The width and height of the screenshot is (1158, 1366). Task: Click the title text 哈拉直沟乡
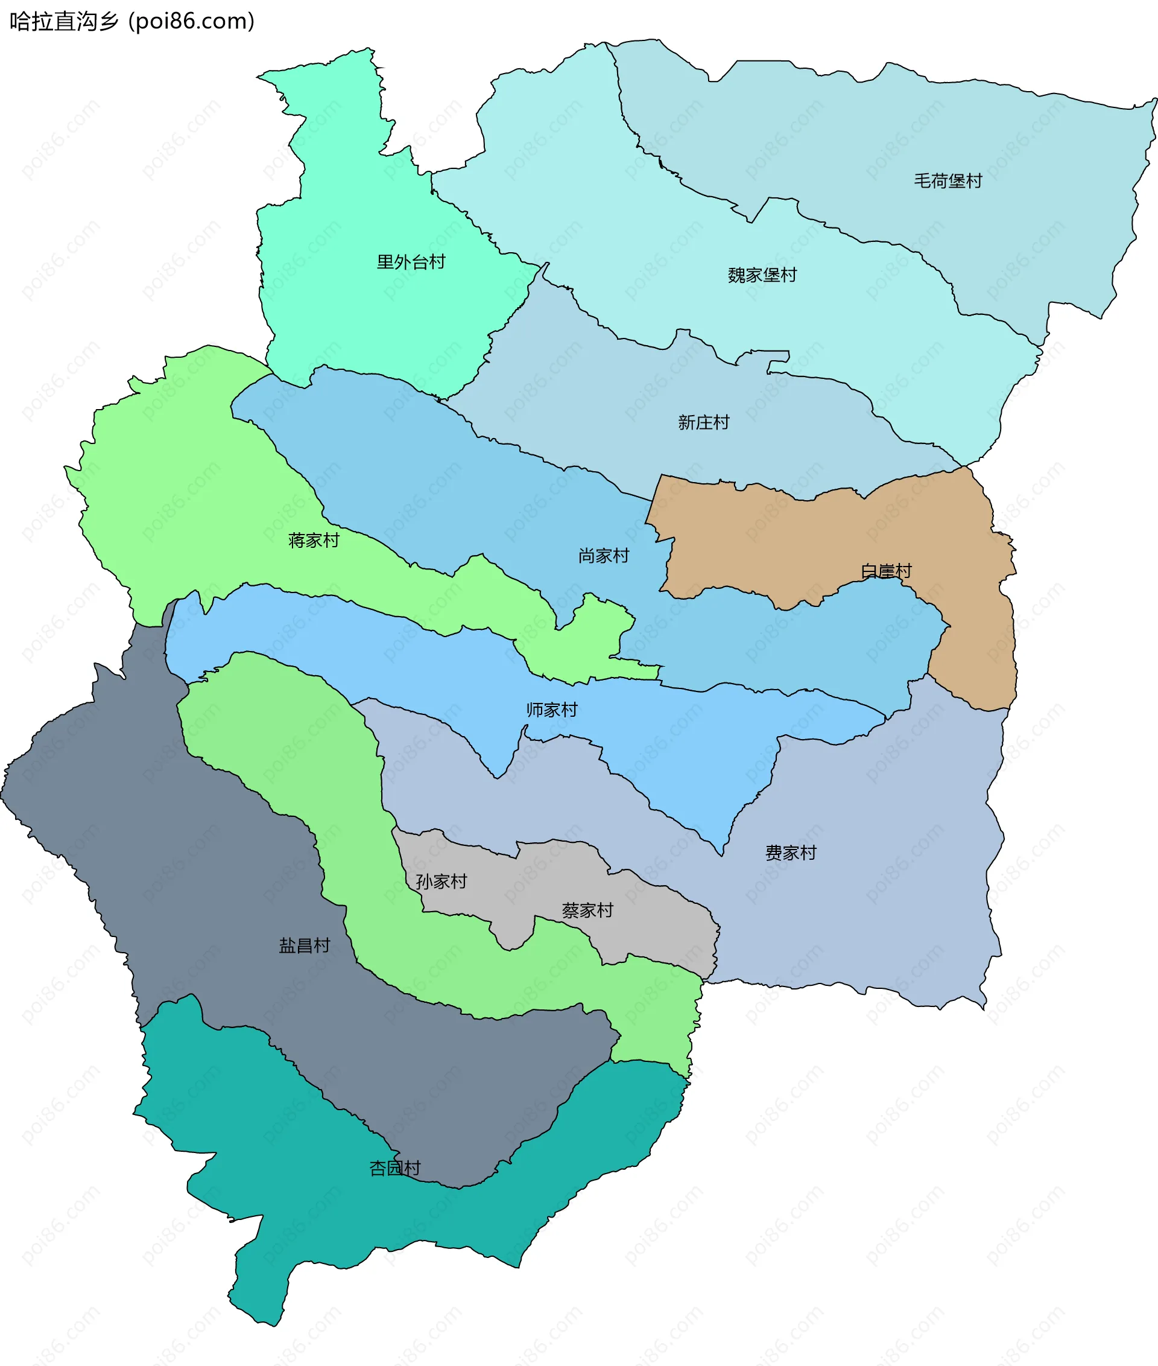click(x=64, y=21)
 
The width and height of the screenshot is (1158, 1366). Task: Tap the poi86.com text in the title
click(x=192, y=21)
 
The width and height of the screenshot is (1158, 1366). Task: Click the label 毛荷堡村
click(x=948, y=180)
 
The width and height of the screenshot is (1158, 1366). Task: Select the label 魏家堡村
click(x=762, y=275)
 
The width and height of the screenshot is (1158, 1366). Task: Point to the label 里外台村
click(x=410, y=262)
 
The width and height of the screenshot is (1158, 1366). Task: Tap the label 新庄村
click(x=703, y=422)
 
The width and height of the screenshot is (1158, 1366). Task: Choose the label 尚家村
click(x=603, y=556)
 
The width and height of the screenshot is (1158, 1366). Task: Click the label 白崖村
click(x=885, y=570)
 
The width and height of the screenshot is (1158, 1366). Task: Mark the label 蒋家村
click(x=313, y=540)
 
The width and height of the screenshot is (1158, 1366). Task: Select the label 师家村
click(x=551, y=710)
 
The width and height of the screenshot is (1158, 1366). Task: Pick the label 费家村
click(x=790, y=853)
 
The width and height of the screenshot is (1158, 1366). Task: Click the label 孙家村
click(x=440, y=882)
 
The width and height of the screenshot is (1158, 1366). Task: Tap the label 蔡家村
click(x=587, y=910)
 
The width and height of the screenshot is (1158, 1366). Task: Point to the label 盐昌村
click(x=304, y=945)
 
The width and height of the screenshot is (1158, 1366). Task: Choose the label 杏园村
click(x=394, y=1167)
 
